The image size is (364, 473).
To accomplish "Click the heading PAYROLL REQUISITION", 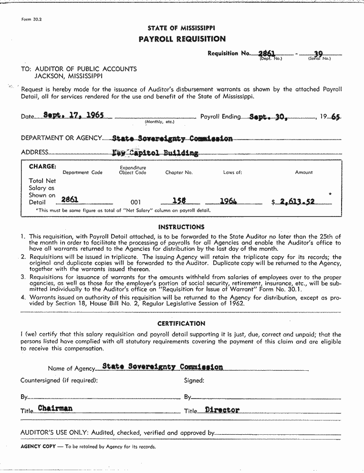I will point(182,39).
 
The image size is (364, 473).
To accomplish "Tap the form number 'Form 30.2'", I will point(31,20).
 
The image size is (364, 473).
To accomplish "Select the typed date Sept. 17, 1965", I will point(73,115).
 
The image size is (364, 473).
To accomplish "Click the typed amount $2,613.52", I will point(296,202).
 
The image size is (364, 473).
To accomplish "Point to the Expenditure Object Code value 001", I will point(135,202).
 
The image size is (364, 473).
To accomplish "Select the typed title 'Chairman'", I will point(55,408).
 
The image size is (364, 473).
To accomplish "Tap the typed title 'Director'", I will point(222,410).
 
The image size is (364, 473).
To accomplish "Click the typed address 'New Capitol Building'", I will point(155,153).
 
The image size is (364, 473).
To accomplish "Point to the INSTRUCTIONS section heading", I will point(181,227).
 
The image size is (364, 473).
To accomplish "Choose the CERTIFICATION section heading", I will point(181,323).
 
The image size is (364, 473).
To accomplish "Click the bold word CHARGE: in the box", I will point(42,167).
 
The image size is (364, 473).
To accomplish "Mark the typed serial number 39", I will point(318,54).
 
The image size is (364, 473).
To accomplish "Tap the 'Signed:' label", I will point(194,380).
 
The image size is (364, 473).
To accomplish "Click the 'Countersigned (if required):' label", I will point(59,380).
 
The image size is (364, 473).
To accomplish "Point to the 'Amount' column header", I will point(304,172).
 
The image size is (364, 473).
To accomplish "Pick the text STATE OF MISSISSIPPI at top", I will point(181,28).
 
